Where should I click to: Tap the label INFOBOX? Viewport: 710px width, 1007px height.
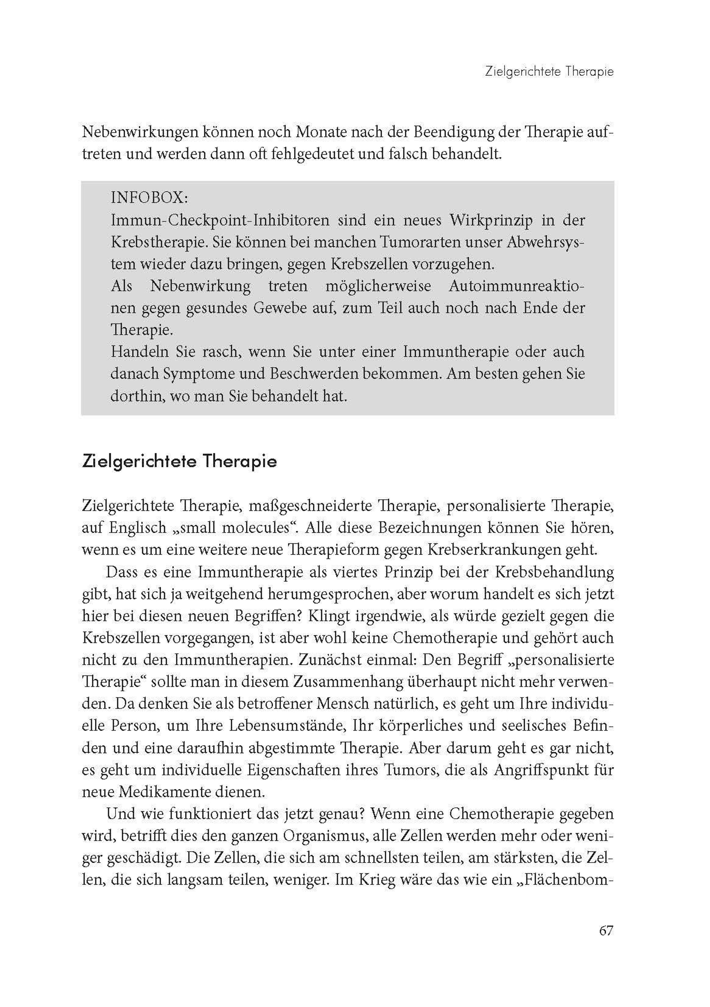pyautogui.click(x=149, y=198)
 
